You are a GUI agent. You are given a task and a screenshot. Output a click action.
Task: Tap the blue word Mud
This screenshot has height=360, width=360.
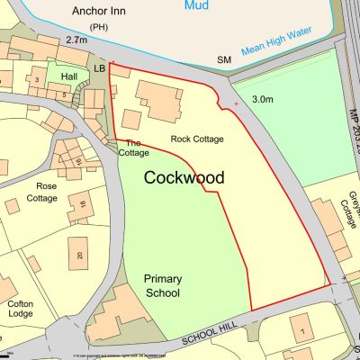click(197, 5)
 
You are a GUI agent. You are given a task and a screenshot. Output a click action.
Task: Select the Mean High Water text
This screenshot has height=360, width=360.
click(289, 46)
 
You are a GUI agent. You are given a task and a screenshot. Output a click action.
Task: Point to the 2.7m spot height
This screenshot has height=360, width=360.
click(77, 40)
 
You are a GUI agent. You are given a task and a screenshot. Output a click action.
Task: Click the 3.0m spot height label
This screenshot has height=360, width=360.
click(264, 98)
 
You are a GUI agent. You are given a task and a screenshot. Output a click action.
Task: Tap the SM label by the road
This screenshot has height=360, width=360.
click(224, 59)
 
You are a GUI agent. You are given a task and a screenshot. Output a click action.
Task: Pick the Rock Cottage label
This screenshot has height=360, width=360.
click(197, 139)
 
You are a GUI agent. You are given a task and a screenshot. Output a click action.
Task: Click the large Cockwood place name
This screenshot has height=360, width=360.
click(184, 177)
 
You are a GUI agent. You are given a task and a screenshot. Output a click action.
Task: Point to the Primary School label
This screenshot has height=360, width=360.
click(162, 286)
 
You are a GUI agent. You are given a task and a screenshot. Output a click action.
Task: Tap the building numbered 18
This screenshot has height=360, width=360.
click(83, 204)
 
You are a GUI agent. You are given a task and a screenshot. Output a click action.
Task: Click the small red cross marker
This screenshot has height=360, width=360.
click(237, 104)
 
